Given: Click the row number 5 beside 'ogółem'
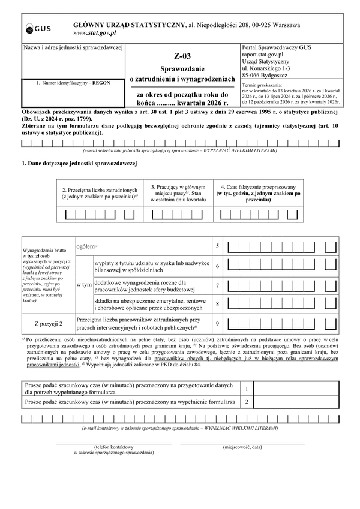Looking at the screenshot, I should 217,246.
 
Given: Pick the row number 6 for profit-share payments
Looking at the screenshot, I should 217,266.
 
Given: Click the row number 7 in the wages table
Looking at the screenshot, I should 217,285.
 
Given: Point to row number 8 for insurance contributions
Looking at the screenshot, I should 217,305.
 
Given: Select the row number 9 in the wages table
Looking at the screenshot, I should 217,324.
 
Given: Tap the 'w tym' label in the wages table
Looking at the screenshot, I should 84,285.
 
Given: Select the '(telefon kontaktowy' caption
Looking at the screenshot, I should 113,447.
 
